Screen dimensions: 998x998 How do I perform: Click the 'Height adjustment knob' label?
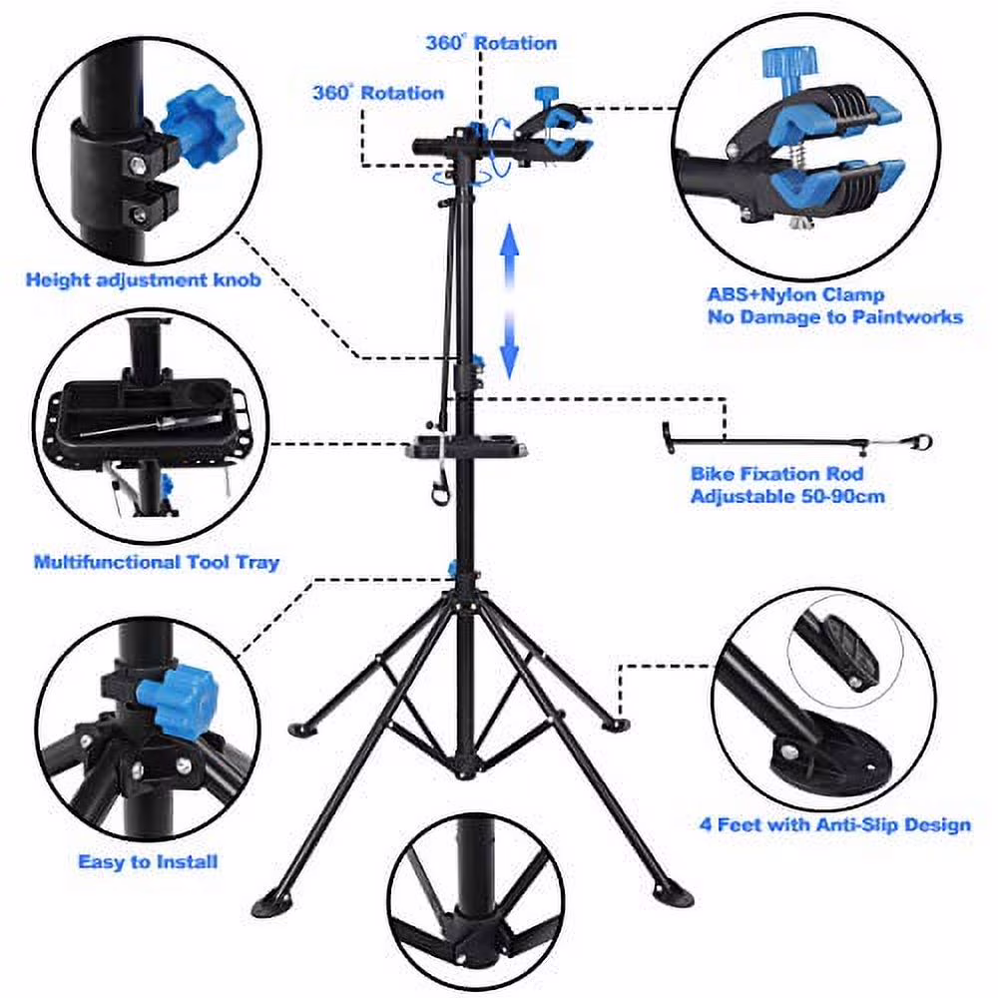click(143, 280)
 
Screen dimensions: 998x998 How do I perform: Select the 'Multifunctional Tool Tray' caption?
click(157, 563)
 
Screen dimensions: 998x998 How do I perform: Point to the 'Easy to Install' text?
click(148, 860)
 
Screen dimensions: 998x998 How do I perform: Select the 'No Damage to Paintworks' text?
click(834, 316)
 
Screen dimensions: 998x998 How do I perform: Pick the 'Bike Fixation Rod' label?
click(776, 474)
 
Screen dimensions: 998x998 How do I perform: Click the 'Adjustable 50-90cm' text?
click(787, 496)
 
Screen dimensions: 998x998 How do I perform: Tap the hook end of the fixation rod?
click(924, 440)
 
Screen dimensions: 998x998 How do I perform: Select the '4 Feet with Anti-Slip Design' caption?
click(834, 825)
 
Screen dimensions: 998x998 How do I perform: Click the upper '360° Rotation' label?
click(491, 43)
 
